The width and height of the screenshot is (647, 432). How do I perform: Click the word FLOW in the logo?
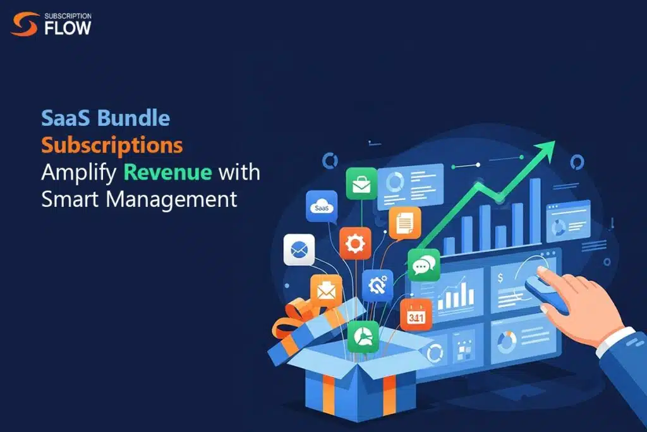[x=66, y=28]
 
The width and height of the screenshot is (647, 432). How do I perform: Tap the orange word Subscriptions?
[x=112, y=145]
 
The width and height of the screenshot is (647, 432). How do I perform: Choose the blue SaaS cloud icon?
[x=321, y=206]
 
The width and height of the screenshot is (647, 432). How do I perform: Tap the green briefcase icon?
[x=361, y=183]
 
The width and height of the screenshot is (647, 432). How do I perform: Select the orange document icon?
[x=404, y=223]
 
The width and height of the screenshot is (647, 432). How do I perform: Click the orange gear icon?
[x=355, y=244]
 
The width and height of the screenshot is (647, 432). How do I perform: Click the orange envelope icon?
[x=326, y=291]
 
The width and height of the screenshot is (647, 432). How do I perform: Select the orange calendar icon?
[x=416, y=315]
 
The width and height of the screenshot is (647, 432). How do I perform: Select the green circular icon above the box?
[x=363, y=336]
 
